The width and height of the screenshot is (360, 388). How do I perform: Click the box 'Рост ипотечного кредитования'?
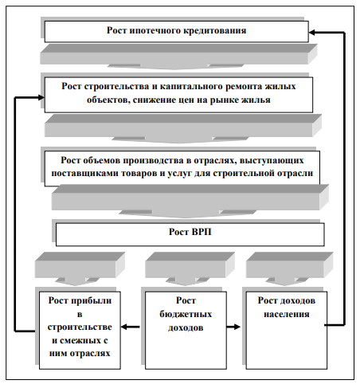coord(177,31)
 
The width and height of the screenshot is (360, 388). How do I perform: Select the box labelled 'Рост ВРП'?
coord(190,234)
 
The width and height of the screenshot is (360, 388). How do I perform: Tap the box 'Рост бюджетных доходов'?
coord(186,331)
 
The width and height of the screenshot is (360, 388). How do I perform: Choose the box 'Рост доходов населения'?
coord(287,331)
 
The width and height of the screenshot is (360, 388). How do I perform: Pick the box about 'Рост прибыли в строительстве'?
coord(80,331)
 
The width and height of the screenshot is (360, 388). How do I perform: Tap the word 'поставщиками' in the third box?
coord(85,174)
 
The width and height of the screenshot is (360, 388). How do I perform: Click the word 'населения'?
coord(287,314)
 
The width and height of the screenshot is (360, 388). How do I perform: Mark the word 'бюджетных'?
coord(186,314)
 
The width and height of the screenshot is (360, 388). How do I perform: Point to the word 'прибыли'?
coord(93,300)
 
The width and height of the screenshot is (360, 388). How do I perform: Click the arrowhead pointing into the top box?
coord(311,33)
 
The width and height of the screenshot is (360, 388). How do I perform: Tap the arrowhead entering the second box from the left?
coord(41,97)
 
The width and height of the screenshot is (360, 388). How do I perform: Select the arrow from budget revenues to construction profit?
coord(131,327)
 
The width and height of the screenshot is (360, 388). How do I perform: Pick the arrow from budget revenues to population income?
coord(233,327)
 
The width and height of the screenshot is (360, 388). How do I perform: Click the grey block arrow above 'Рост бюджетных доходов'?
coord(190,268)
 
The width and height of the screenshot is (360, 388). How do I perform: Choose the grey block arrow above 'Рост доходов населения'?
coord(289,268)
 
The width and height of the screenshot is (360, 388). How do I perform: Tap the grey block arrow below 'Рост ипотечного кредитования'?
coord(178,57)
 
